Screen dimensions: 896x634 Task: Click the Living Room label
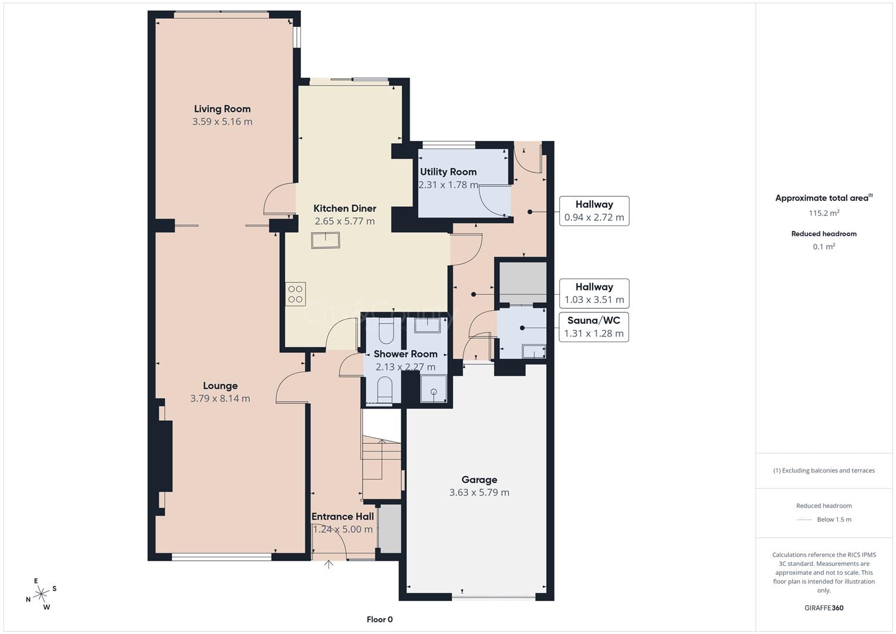pos(222,109)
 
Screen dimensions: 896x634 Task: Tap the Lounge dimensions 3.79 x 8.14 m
pos(221,399)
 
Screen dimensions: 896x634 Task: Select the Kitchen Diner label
pos(345,208)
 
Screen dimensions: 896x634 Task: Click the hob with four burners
pos(296,294)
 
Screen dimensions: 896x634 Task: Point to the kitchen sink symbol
pos(326,241)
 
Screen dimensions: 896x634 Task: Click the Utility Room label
pos(448,171)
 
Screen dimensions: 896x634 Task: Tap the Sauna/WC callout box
pos(594,327)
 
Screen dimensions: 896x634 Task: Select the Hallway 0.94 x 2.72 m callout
pos(594,211)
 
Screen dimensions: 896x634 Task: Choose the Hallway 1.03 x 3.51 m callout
pos(594,294)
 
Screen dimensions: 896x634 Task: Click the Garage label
pos(479,480)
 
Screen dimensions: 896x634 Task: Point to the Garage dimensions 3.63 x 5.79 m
pos(479,493)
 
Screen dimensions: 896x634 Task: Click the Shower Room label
pos(405,354)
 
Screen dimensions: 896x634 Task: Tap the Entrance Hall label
pos(343,517)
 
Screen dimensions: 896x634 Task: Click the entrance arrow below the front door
pos(329,564)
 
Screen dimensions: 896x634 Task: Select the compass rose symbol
pos(41,594)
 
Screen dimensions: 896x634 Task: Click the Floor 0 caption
pos(380,619)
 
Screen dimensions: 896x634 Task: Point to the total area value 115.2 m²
pos(824,213)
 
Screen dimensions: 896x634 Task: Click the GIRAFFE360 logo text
pos(824,608)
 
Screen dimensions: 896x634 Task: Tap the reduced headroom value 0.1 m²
pos(824,247)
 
